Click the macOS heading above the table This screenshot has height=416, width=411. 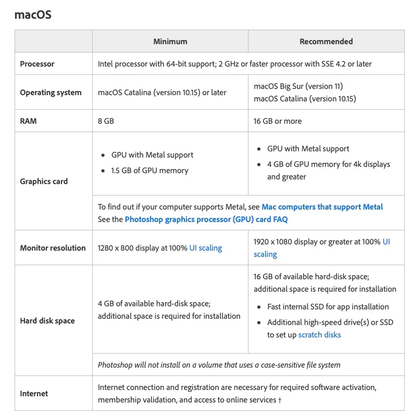tap(33, 15)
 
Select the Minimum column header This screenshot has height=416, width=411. tap(170, 42)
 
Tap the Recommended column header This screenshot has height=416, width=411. tap(326, 42)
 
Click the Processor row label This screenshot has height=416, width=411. tap(37, 64)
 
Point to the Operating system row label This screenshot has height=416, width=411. tap(51, 93)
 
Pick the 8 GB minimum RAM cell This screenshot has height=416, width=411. tap(106, 121)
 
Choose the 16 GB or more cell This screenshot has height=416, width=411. tap(278, 121)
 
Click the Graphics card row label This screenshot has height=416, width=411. tap(44, 181)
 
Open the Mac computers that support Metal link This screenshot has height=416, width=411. tap(322, 207)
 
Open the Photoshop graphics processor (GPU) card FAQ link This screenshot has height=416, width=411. tap(206, 219)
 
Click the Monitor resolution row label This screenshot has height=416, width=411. tap(53, 248)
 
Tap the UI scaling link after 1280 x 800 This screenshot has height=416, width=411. tap(205, 248)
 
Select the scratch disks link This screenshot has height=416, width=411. tap(319, 335)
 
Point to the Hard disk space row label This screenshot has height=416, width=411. tap(47, 321)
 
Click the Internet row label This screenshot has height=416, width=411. tap(34, 394)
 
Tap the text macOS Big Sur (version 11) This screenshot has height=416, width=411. tap(298, 86)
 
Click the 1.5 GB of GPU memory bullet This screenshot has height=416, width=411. tap(150, 171)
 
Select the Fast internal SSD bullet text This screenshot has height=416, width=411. tap(328, 307)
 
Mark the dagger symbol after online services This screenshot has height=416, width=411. tap(280, 400)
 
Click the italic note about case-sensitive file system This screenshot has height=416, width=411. tap(219, 365)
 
